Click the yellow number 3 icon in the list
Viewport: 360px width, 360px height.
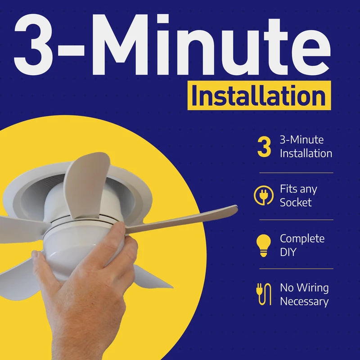pyautogui.click(x=264, y=148)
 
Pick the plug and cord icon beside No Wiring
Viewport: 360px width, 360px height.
pyautogui.click(x=263, y=294)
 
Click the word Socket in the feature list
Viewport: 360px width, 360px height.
pyautogui.click(x=296, y=202)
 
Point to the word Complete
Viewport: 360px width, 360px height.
pyautogui.click(x=301, y=239)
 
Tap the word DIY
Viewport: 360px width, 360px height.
pyautogui.click(x=288, y=252)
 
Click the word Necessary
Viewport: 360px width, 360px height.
pyautogui.click(x=304, y=301)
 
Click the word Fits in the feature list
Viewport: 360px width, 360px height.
pyautogui.click(x=288, y=189)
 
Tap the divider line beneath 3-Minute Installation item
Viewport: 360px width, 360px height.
pyautogui.click(x=296, y=172)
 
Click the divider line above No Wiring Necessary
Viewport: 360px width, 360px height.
pyautogui.click(x=296, y=269)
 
